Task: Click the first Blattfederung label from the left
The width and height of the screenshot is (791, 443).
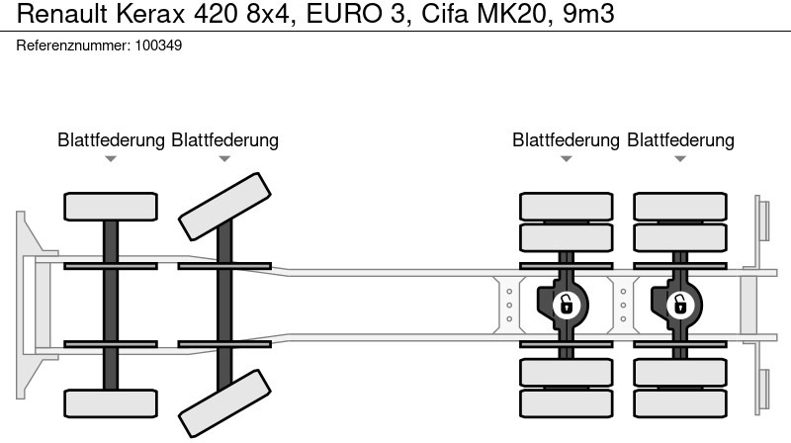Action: [x=111, y=140]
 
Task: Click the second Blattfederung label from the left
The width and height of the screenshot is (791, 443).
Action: [x=224, y=140]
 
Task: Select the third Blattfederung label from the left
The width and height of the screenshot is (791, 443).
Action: [x=566, y=140]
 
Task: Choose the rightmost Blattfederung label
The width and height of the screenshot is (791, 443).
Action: [x=680, y=140]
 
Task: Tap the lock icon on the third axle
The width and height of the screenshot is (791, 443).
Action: [x=566, y=305]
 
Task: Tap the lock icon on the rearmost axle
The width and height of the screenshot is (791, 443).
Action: [x=679, y=305]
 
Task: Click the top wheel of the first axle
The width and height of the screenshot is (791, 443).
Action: [x=111, y=206]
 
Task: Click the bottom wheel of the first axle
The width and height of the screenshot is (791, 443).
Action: [x=111, y=402]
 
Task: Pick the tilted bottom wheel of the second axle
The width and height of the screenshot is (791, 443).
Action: [x=224, y=404]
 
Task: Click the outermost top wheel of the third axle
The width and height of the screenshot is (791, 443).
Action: [x=566, y=206]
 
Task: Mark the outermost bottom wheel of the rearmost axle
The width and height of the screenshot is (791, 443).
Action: [x=679, y=402]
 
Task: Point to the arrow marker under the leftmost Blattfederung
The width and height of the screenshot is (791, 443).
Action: [x=111, y=159]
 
